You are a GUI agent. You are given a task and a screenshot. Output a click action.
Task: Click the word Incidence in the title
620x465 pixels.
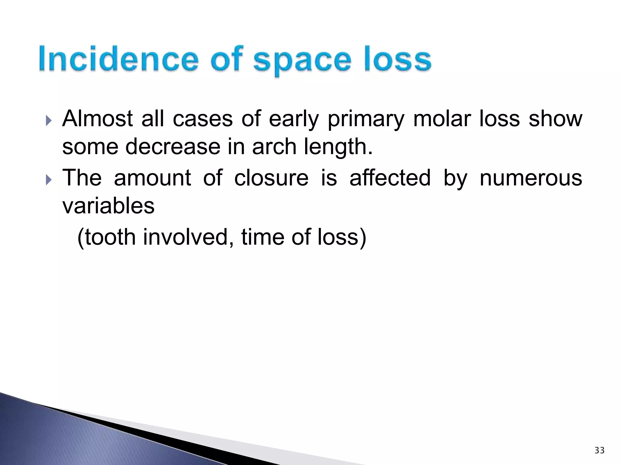point(118,59)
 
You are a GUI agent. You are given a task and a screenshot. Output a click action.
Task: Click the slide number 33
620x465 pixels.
point(599,450)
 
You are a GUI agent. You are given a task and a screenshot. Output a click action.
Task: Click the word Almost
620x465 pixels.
point(97,118)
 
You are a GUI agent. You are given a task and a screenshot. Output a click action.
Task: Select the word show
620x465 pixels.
point(555,118)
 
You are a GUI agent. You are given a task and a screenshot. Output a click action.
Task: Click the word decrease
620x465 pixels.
point(173,147)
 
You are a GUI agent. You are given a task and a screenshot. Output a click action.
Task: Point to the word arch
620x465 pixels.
point(274,147)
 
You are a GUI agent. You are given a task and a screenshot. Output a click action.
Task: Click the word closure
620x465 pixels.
point(271,178)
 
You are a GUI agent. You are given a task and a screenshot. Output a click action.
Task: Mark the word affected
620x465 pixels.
point(390,178)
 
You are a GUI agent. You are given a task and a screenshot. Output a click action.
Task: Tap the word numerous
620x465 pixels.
point(531,178)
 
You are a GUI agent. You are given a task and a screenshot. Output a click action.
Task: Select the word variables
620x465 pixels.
point(108,206)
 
